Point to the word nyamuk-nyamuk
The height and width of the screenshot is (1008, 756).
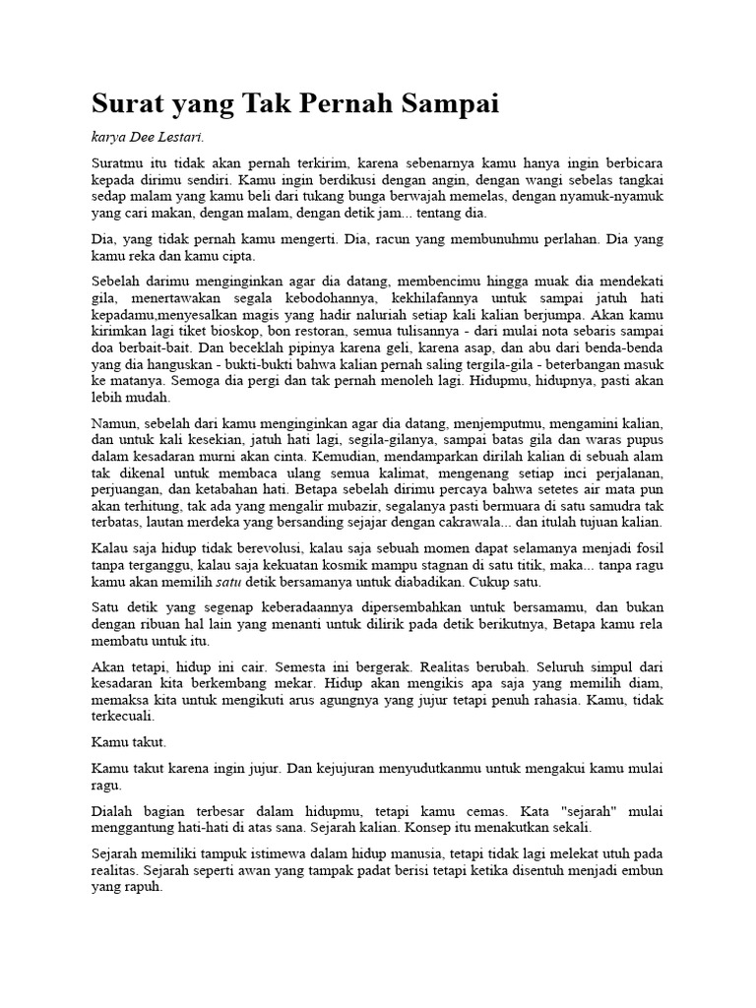click(x=617, y=195)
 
